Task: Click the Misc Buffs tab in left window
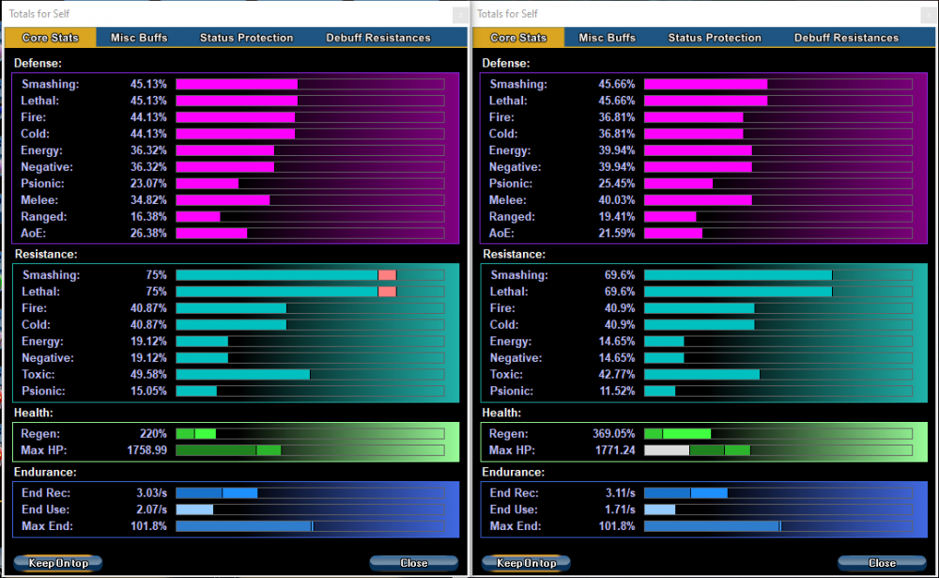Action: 139,38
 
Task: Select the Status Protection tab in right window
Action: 715,38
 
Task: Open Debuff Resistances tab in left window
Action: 378,38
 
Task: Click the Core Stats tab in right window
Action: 518,38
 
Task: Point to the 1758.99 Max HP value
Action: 147,450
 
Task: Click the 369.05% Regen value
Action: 614,434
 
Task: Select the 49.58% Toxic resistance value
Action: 149,374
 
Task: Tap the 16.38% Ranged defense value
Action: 148,216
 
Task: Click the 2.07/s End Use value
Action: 150,509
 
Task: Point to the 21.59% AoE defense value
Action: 617,232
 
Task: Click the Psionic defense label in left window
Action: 41,183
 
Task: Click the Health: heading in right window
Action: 502,413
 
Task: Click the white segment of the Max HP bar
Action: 667,450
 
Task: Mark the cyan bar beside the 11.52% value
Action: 659,391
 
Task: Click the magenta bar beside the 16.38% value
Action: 197,216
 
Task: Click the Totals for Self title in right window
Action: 508,13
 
